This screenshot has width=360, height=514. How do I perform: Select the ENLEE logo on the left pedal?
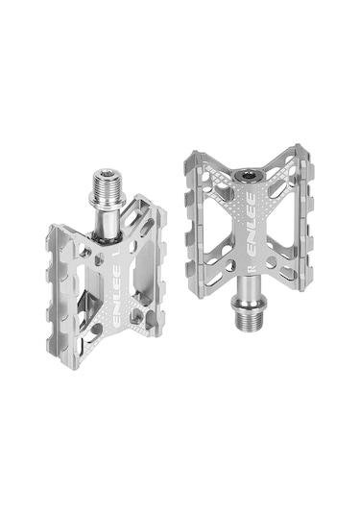pyautogui.click(x=115, y=296)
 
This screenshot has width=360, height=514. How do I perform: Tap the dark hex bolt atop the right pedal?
pyautogui.click(x=248, y=176)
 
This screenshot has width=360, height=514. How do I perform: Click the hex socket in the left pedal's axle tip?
pyautogui.click(x=106, y=173)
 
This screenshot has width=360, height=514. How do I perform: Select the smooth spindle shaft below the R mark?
pyautogui.click(x=248, y=286)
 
